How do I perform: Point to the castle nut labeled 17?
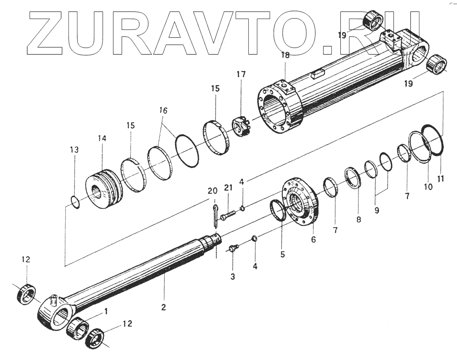[242, 127]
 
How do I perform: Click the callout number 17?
[240, 74]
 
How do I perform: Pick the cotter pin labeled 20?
[215, 213]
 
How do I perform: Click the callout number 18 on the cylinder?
[285, 55]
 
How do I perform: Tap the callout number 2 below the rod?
[163, 307]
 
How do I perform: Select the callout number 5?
[282, 254]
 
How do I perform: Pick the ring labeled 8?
[353, 177]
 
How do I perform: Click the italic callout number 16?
[163, 110]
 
